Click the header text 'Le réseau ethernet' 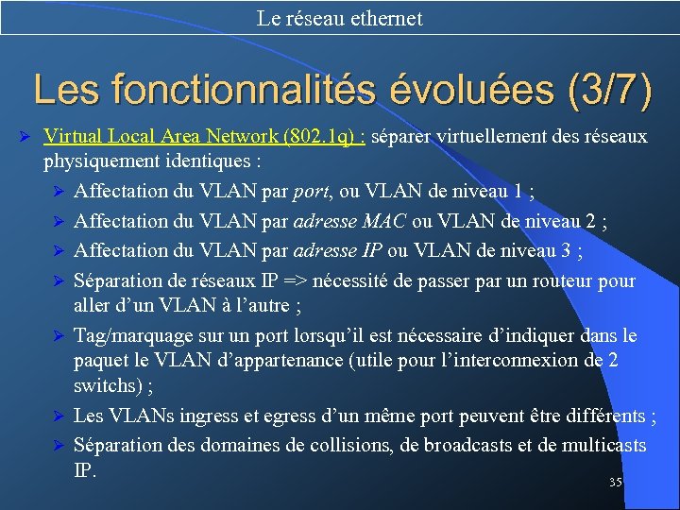pos(339,18)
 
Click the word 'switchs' pos(103,386)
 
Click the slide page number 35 pos(615,483)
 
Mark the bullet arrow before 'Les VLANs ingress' pos(58,416)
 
